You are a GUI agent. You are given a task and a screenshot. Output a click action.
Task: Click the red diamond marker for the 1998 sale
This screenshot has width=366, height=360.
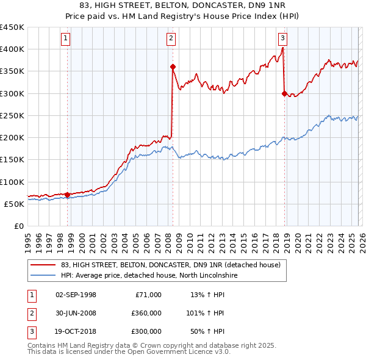tap(67, 195)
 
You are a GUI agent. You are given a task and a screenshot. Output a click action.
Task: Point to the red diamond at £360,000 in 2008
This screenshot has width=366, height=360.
tap(173, 67)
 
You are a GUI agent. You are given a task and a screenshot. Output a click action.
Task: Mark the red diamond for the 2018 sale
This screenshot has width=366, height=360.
tap(284, 93)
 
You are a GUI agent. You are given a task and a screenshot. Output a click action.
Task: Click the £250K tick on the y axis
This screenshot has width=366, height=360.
tap(12, 115)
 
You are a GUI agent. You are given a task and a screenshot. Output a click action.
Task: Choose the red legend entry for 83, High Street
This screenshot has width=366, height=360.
tap(170, 265)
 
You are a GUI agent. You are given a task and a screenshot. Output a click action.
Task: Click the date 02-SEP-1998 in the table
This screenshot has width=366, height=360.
tap(76, 295)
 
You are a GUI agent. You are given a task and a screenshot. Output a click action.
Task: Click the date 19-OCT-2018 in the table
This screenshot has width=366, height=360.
tap(76, 331)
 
